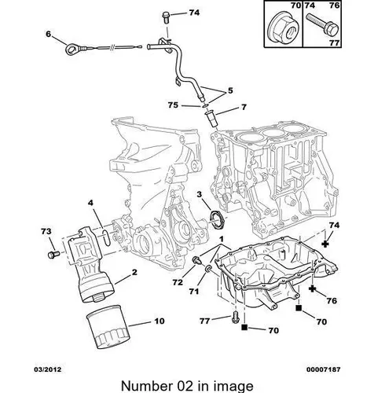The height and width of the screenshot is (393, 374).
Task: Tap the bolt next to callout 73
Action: pos(53,255)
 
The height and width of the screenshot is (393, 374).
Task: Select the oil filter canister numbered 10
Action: pos(108,327)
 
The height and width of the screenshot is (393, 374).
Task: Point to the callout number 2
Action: pos(134,273)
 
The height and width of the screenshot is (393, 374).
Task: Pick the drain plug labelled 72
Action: pos(196,260)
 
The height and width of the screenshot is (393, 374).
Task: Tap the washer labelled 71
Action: pos(208,268)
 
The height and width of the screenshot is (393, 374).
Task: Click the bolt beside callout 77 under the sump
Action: pos(236,317)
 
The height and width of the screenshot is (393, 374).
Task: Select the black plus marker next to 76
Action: pos(312,288)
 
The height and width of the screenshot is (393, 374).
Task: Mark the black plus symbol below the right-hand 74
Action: pos(325,244)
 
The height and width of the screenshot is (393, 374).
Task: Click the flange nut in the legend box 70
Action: pos(284,29)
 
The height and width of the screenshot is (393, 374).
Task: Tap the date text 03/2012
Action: pos(48,369)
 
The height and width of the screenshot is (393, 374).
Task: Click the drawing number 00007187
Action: pos(324,369)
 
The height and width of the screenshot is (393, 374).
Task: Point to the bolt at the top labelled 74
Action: pos(166,17)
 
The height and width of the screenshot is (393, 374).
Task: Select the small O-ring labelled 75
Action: pos(205,106)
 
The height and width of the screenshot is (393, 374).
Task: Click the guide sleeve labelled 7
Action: pos(211,120)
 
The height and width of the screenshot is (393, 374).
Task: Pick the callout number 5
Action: pos(230,90)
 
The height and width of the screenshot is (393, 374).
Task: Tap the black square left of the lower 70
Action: pos(244,327)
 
